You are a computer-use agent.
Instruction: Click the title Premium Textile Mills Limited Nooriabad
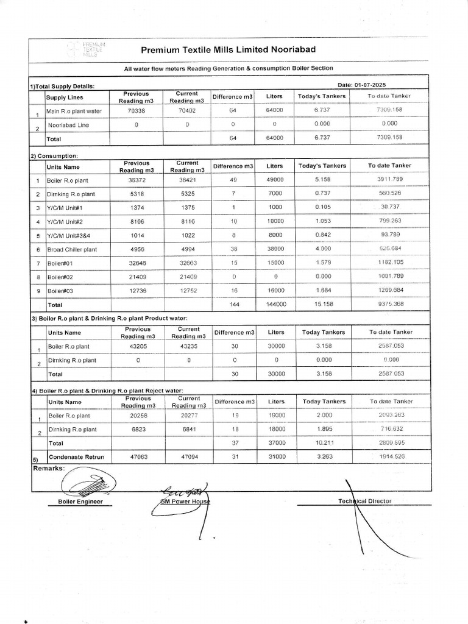point(229,49)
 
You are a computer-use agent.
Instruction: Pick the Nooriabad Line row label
point(68,124)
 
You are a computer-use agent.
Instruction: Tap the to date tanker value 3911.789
point(389,180)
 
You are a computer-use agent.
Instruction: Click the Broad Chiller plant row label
point(72,249)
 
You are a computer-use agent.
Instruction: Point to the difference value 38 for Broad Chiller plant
point(233,249)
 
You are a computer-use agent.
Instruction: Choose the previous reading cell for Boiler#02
point(136,277)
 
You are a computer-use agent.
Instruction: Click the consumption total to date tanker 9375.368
point(389,303)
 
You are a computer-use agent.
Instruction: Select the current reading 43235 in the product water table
point(188,346)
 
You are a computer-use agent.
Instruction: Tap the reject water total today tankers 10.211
point(322,443)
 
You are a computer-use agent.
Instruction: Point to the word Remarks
point(48,469)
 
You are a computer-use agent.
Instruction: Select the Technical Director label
point(364,501)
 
